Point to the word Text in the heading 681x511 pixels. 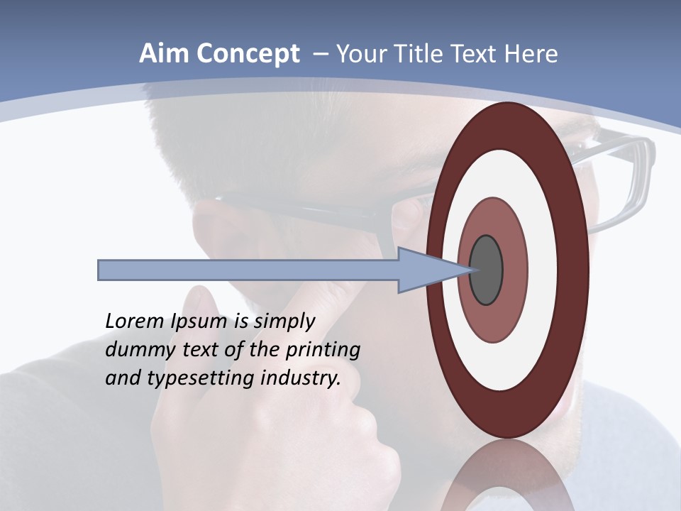tap(475, 54)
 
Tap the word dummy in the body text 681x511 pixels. tap(136, 350)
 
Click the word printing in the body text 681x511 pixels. tap(323, 350)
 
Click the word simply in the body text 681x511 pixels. tap(284, 322)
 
